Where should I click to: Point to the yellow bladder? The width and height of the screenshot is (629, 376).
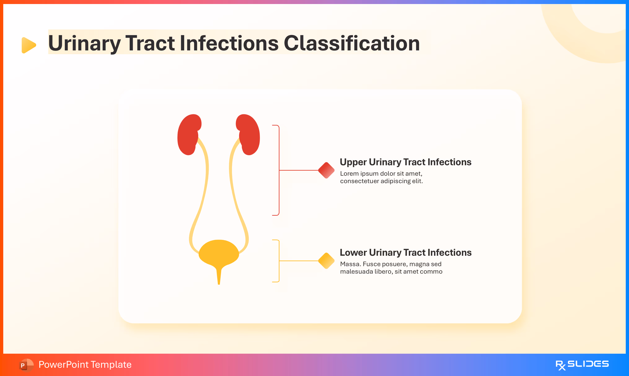tap(219, 252)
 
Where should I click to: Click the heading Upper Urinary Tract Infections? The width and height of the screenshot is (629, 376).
tap(405, 162)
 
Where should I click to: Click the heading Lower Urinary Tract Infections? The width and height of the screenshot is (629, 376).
tap(405, 253)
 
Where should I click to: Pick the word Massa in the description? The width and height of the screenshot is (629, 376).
tap(350, 264)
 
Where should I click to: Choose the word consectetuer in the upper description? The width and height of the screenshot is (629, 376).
tap(359, 181)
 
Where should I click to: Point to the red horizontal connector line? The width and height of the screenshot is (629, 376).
tap(299, 170)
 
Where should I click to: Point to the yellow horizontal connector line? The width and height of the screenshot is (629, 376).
tap(299, 261)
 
